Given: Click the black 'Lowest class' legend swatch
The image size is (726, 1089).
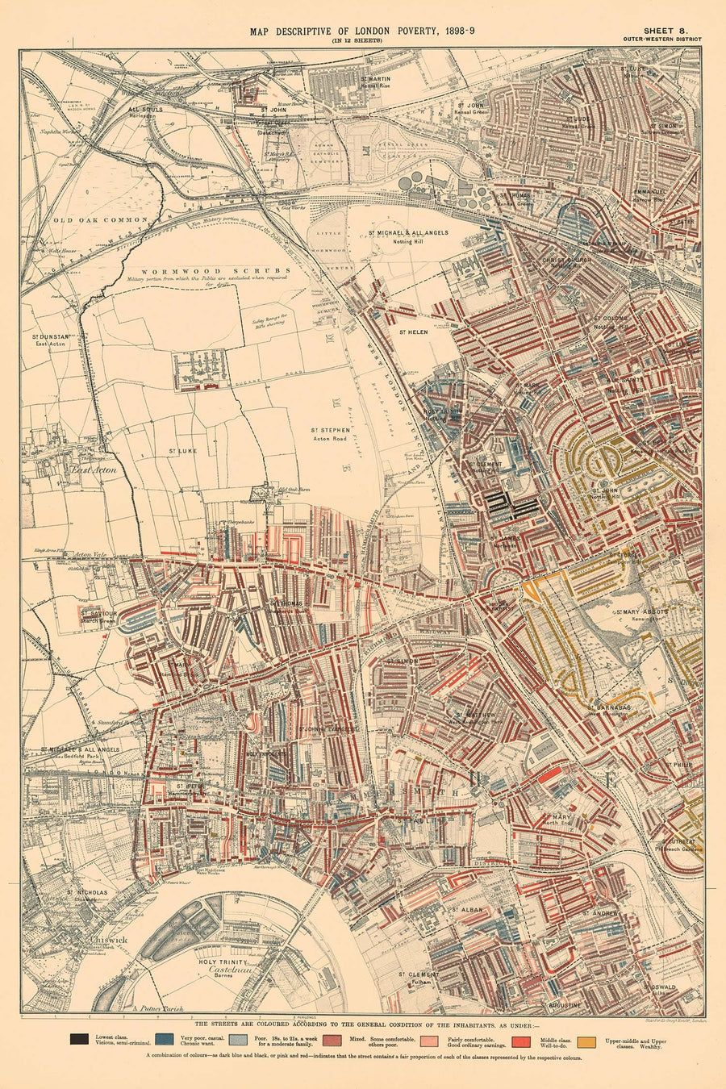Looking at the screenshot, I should tap(80, 1040).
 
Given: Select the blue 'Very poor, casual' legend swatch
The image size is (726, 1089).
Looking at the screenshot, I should tap(165, 1040).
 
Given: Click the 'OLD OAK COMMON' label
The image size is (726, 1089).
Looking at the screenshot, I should tap(101, 219).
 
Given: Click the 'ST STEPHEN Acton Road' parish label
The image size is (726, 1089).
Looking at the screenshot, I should tap(331, 434).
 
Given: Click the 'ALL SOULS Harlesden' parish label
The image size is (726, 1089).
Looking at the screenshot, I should tap(146, 111).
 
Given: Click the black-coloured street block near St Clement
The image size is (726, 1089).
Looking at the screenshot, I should tap(511, 507).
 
